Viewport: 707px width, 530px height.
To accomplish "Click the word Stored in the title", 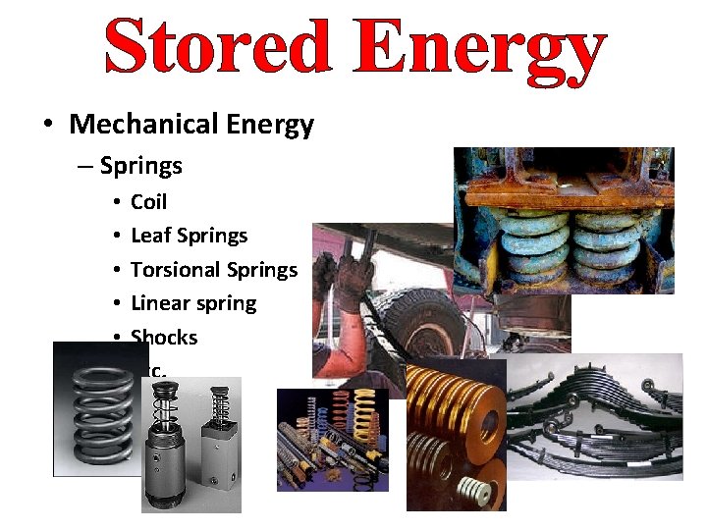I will coord(216,47).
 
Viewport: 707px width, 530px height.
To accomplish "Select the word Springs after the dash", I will coord(141,166).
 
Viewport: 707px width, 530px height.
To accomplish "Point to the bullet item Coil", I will coord(148,202).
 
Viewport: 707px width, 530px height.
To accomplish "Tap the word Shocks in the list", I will coord(164,337).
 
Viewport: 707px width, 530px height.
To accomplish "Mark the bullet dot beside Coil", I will coord(116,202).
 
